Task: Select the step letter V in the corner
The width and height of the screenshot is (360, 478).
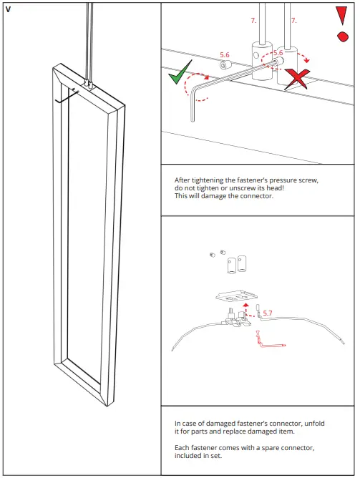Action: pos(8,9)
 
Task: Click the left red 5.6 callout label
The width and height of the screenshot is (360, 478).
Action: pos(224,54)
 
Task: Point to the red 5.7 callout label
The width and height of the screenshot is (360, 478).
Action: pos(268,313)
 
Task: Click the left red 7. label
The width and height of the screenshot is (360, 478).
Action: pos(253,21)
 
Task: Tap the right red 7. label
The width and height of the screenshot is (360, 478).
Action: pos(293,21)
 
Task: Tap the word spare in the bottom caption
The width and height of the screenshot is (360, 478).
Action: pos(268,447)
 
